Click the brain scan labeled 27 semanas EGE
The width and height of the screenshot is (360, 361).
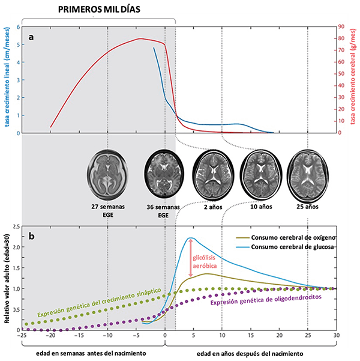[x=109, y=174]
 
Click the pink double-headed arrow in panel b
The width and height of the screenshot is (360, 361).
[x=191, y=258]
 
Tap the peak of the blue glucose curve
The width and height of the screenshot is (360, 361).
[x=190, y=238]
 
